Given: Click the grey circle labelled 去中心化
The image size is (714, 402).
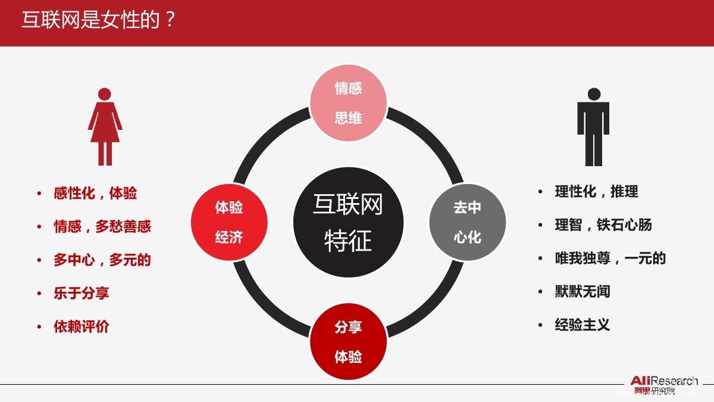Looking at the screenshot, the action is (467, 222).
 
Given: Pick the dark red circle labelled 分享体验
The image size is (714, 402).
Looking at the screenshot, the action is (348, 342).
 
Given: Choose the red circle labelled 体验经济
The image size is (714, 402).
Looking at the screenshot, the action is (229, 222).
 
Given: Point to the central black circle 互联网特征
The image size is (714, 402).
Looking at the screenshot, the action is (348, 222).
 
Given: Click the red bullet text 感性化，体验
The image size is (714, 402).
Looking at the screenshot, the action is (95, 193).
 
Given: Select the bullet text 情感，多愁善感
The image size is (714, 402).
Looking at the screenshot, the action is (102, 226).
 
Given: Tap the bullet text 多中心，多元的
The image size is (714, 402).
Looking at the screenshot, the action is (102, 260).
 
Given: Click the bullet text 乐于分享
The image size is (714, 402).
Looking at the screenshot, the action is (82, 293).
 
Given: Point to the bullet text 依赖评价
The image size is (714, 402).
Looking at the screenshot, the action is (82, 326).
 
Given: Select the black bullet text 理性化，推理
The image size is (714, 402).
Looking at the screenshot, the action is (597, 192).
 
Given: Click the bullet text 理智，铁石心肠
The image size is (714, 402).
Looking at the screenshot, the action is (603, 225).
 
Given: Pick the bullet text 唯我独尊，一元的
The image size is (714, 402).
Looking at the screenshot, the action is (610, 258).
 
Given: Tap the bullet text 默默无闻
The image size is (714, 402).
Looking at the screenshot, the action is (583, 291).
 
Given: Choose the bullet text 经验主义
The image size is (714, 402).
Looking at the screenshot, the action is (583, 325).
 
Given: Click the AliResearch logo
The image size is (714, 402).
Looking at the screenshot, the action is (664, 385).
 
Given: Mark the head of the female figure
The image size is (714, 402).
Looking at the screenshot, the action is (105, 94).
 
